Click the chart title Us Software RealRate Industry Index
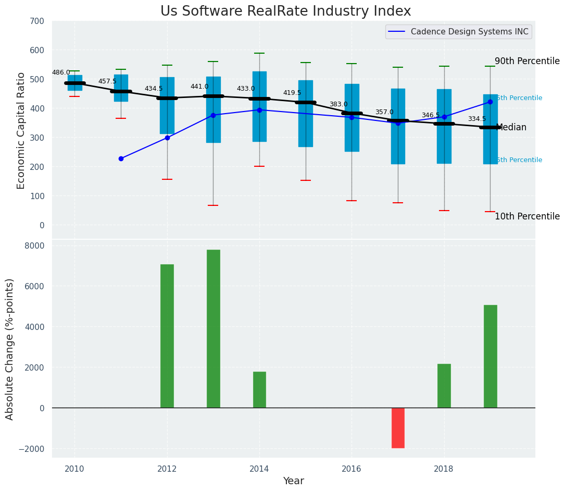point(285,11)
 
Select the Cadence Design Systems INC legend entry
point(469,32)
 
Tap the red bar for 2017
point(398,428)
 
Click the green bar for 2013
point(213,329)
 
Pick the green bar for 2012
point(167,336)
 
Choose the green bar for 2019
point(490,357)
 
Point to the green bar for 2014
point(259,390)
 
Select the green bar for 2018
point(444,386)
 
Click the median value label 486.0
point(61,72)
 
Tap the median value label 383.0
point(338,104)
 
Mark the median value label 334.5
point(476,119)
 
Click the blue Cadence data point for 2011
point(121,158)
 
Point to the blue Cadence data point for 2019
point(490,102)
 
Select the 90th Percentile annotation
point(527,61)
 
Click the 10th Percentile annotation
point(527,216)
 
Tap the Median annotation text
point(511,127)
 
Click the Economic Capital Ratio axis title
point(21,130)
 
